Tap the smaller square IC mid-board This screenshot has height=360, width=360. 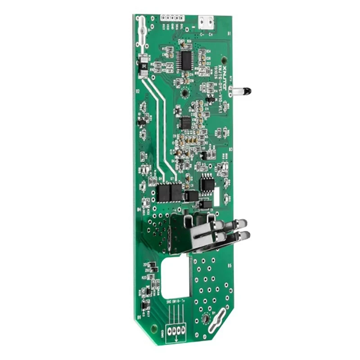point(185,122)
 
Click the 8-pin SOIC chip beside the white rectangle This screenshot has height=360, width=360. point(207,183)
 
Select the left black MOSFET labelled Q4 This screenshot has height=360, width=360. point(163,193)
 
